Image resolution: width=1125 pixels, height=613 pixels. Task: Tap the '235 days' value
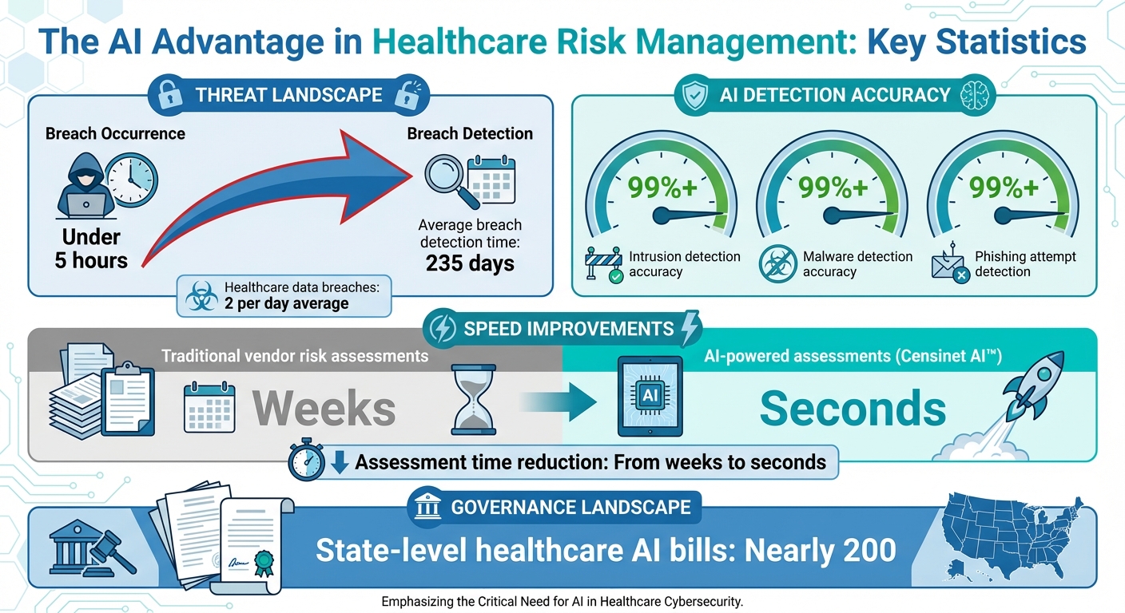(470, 263)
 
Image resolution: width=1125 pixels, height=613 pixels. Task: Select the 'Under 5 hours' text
(90, 248)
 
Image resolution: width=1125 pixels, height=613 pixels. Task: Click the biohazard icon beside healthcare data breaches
(201, 296)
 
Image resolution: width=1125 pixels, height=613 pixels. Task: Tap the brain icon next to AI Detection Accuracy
(980, 95)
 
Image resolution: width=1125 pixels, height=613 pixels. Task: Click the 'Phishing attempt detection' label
(1025, 264)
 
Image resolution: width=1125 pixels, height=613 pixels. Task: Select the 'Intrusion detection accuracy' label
(684, 264)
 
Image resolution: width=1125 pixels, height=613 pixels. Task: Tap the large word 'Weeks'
(324, 409)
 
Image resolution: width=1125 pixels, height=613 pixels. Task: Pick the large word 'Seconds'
(853, 409)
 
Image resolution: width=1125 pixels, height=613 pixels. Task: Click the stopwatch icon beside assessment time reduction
(308, 462)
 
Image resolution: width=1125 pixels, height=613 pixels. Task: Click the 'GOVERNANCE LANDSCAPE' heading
(570, 507)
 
